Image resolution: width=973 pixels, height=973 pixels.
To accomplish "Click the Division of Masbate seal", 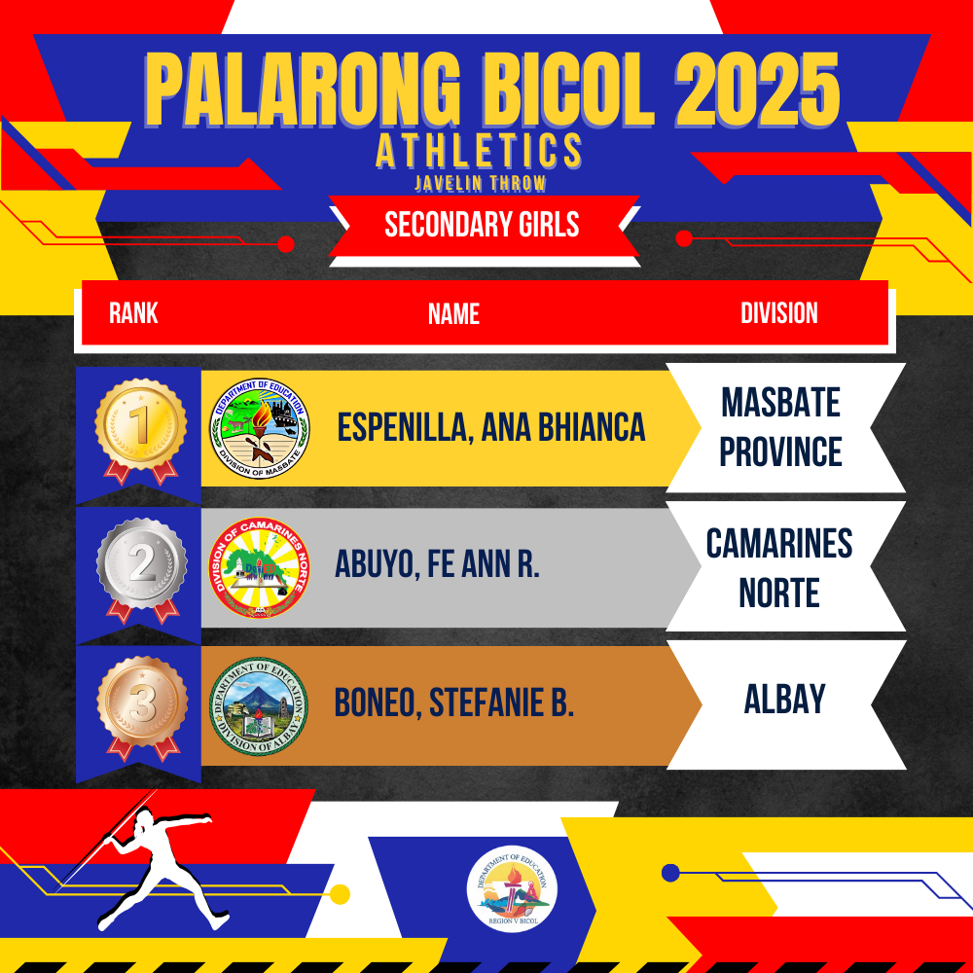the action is pyautogui.click(x=260, y=428).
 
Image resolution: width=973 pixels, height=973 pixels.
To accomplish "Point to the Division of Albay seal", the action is pyautogui.click(x=259, y=706).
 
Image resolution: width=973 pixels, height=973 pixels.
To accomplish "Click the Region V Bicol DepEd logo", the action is pyautogui.click(x=512, y=890).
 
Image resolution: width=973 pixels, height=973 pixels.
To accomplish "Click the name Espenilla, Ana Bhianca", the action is pyautogui.click(x=490, y=427).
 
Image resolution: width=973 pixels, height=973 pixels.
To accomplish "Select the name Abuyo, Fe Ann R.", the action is pyautogui.click(x=437, y=564).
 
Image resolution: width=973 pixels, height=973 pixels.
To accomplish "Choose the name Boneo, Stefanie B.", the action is pyautogui.click(x=453, y=703).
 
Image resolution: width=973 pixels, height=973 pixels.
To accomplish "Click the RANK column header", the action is pyautogui.click(x=133, y=312).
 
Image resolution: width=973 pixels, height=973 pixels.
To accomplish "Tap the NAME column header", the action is pyautogui.click(x=453, y=314).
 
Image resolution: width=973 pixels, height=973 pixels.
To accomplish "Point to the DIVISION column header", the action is pyautogui.click(x=778, y=312).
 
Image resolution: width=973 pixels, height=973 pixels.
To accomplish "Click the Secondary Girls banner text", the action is pyautogui.click(x=482, y=224).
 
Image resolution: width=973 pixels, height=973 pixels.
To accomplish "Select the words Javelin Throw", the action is pyautogui.click(x=481, y=183).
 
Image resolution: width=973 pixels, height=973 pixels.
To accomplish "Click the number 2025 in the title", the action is pyautogui.click(x=757, y=90).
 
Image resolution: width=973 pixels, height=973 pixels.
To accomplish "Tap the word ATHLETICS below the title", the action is pyautogui.click(x=479, y=151).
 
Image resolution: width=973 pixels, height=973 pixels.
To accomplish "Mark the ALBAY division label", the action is pyautogui.click(x=784, y=699).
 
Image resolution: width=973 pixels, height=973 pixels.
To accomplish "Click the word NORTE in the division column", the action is pyautogui.click(x=778, y=593).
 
